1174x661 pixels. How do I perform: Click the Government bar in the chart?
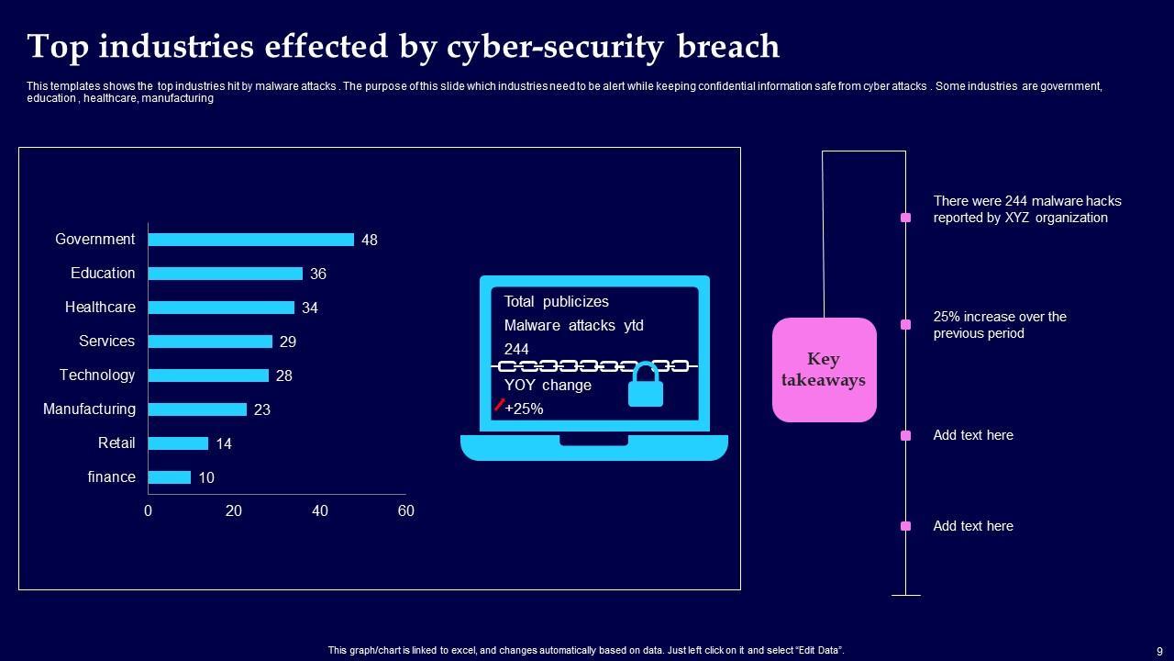tap(250, 240)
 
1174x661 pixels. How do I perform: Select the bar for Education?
tap(225, 274)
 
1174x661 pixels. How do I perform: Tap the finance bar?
tap(169, 477)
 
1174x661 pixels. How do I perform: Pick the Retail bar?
tap(178, 443)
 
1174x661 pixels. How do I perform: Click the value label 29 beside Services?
tap(288, 342)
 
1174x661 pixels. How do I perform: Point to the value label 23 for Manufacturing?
tap(262, 409)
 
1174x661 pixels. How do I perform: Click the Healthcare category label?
tap(100, 308)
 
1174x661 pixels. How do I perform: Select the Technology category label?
tap(97, 375)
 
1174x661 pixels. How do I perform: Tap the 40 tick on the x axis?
tap(319, 510)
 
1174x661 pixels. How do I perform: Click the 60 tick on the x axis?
tap(405, 510)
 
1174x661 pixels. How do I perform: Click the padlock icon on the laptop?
tap(646, 386)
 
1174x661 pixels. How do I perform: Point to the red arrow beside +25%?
tap(499, 404)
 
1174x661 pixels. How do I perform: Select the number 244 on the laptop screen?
tap(516, 349)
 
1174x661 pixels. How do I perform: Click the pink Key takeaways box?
tap(824, 370)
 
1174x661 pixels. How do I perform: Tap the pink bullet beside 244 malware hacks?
tap(905, 218)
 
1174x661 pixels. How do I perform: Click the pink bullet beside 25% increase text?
tap(905, 325)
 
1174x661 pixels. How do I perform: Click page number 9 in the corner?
tap(1159, 651)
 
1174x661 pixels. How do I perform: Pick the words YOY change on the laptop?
tap(548, 385)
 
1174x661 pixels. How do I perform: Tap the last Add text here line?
tap(973, 526)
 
